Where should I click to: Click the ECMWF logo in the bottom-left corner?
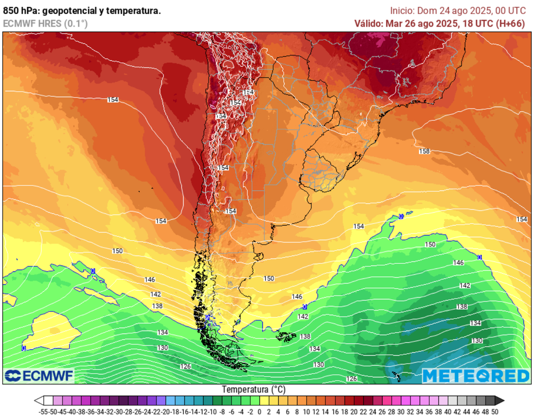coord(39,375)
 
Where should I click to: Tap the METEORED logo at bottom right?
coord(475,375)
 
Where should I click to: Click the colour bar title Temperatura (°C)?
coord(253,389)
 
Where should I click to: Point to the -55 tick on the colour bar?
coord(44,411)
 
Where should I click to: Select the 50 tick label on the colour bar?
coord(494,411)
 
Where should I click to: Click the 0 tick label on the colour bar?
coord(259,411)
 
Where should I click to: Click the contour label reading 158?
coord(424,151)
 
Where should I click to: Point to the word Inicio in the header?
coord(402,10)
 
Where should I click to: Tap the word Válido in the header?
coord(368,23)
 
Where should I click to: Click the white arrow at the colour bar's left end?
coord(39,400)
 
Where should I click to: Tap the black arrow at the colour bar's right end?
coord(499,400)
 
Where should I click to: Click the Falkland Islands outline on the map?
coord(286,337)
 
